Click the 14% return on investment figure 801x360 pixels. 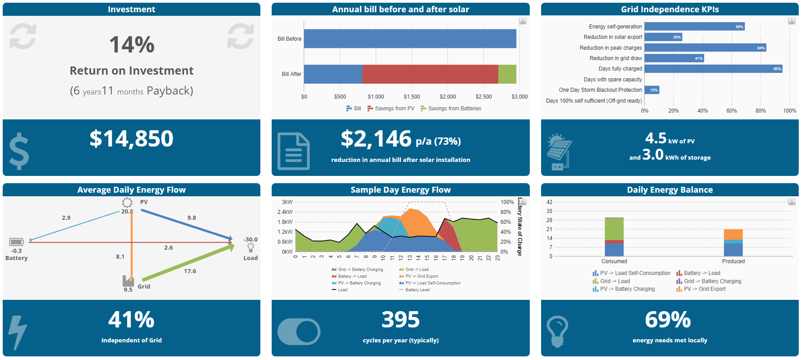pyautogui.click(x=132, y=45)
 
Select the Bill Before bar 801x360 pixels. pyautogui.click(x=410, y=39)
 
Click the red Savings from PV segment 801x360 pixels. pyautogui.click(x=429, y=74)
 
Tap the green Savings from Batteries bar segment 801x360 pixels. pyautogui.click(x=507, y=74)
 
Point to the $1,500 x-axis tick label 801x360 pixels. pyautogui.click(x=412, y=97)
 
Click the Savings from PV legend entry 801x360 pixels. pyautogui.click(x=391, y=109)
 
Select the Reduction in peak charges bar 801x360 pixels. pyautogui.click(x=705, y=48)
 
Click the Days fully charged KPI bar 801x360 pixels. pyautogui.click(x=713, y=69)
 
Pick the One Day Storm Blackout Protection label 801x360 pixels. pyautogui.click(x=600, y=90)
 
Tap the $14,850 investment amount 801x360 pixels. pyautogui.click(x=132, y=138)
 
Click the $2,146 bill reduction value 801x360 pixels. pyautogui.click(x=376, y=139)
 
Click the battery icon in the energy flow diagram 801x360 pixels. pyautogui.click(x=16, y=242)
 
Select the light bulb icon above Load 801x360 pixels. pyautogui.click(x=250, y=248)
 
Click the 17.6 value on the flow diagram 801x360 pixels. pyautogui.click(x=190, y=271)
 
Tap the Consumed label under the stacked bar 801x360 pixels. pyautogui.click(x=614, y=261)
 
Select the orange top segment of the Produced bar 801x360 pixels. pyautogui.click(x=733, y=234)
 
